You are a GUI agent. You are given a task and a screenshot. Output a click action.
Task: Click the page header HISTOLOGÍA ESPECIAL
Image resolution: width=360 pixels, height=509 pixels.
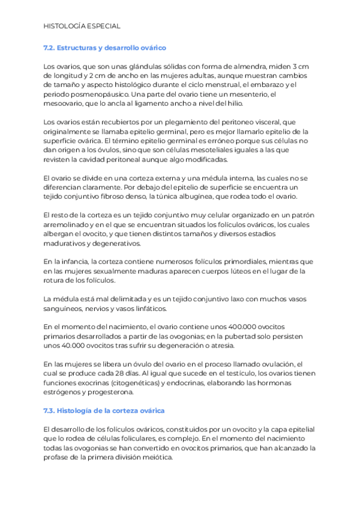pos(82,26)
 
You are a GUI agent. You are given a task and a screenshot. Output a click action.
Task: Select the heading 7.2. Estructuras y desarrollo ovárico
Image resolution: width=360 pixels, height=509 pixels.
pos(105,47)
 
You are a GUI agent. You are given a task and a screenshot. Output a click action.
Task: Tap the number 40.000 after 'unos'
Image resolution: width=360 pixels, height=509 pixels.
pos(75,346)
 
